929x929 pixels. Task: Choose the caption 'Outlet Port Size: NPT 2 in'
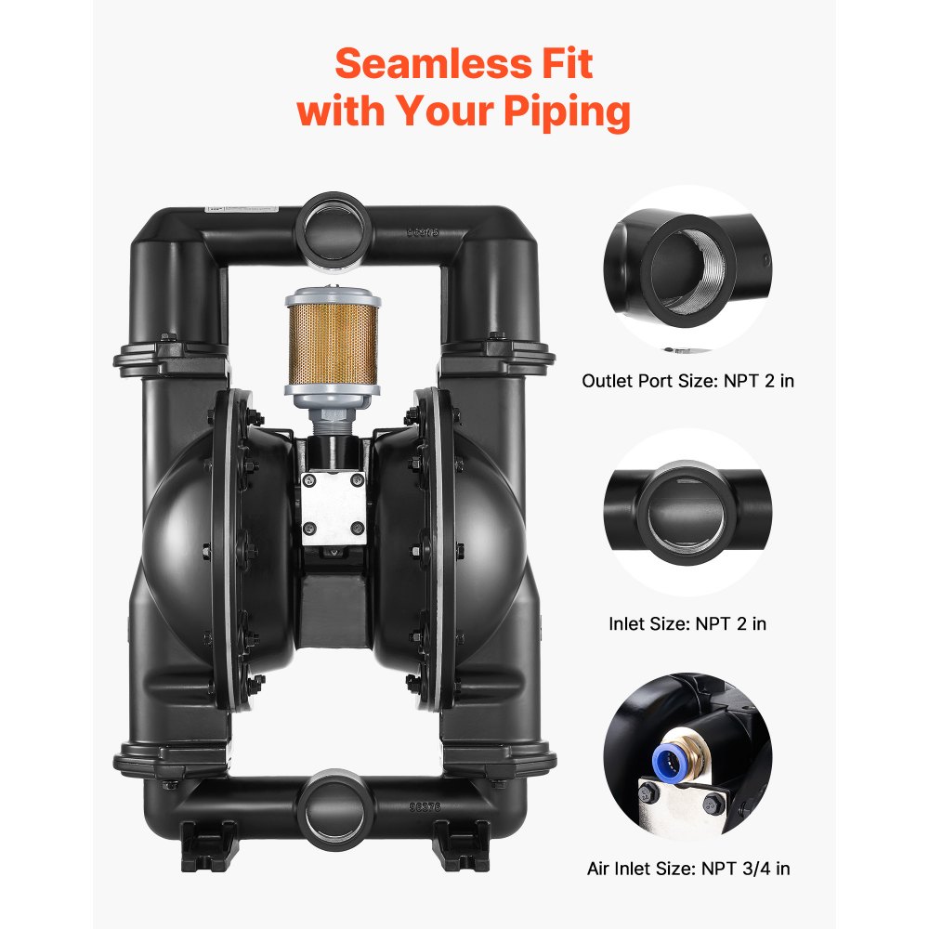687,381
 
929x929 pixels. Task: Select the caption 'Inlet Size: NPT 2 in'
687,623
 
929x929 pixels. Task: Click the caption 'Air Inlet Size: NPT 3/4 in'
688,869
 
